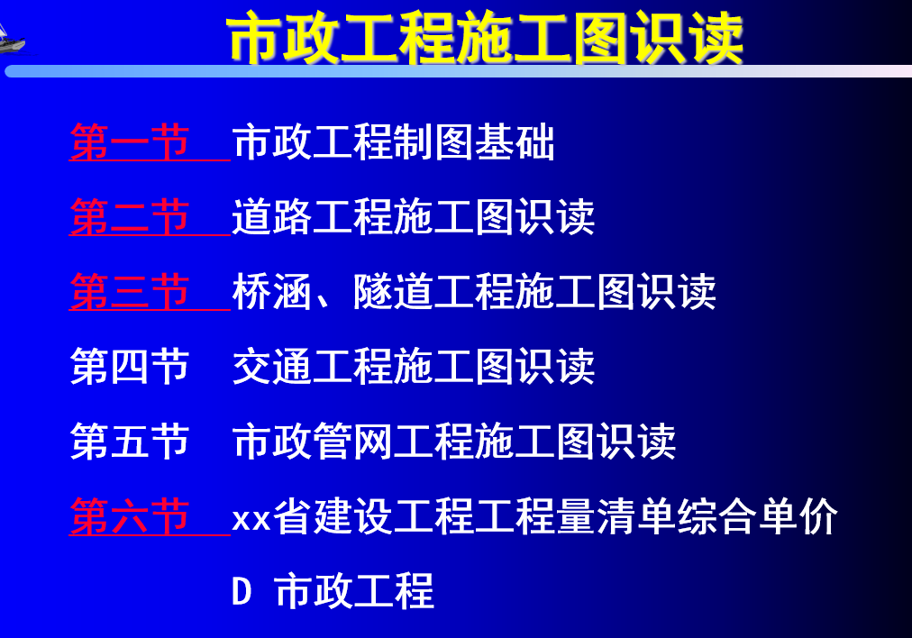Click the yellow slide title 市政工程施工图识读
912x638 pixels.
[x=485, y=39]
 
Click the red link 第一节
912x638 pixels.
[x=129, y=141]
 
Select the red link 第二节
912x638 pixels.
[x=129, y=217]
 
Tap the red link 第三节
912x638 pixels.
[x=129, y=291]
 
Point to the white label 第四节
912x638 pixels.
[x=129, y=367]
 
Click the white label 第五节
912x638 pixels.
[x=129, y=441]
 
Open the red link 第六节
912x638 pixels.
[x=129, y=515]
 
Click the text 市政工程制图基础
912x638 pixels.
[x=393, y=141]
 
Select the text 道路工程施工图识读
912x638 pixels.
[x=414, y=217]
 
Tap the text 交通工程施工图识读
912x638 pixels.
[x=414, y=367]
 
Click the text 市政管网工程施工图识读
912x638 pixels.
[x=453, y=441]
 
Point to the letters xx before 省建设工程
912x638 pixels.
[x=251, y=519]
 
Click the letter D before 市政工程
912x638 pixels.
[x=242, y=591]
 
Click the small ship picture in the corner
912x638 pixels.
[x=12, y=40]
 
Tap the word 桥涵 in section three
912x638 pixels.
[x=271, y=291]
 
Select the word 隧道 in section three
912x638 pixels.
[x=393, y=291]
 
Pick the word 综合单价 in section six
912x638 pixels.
[x=757, y=515]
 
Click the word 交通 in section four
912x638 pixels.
[x=271, y=367]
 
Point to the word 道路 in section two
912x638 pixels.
[x=271, y=217]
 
